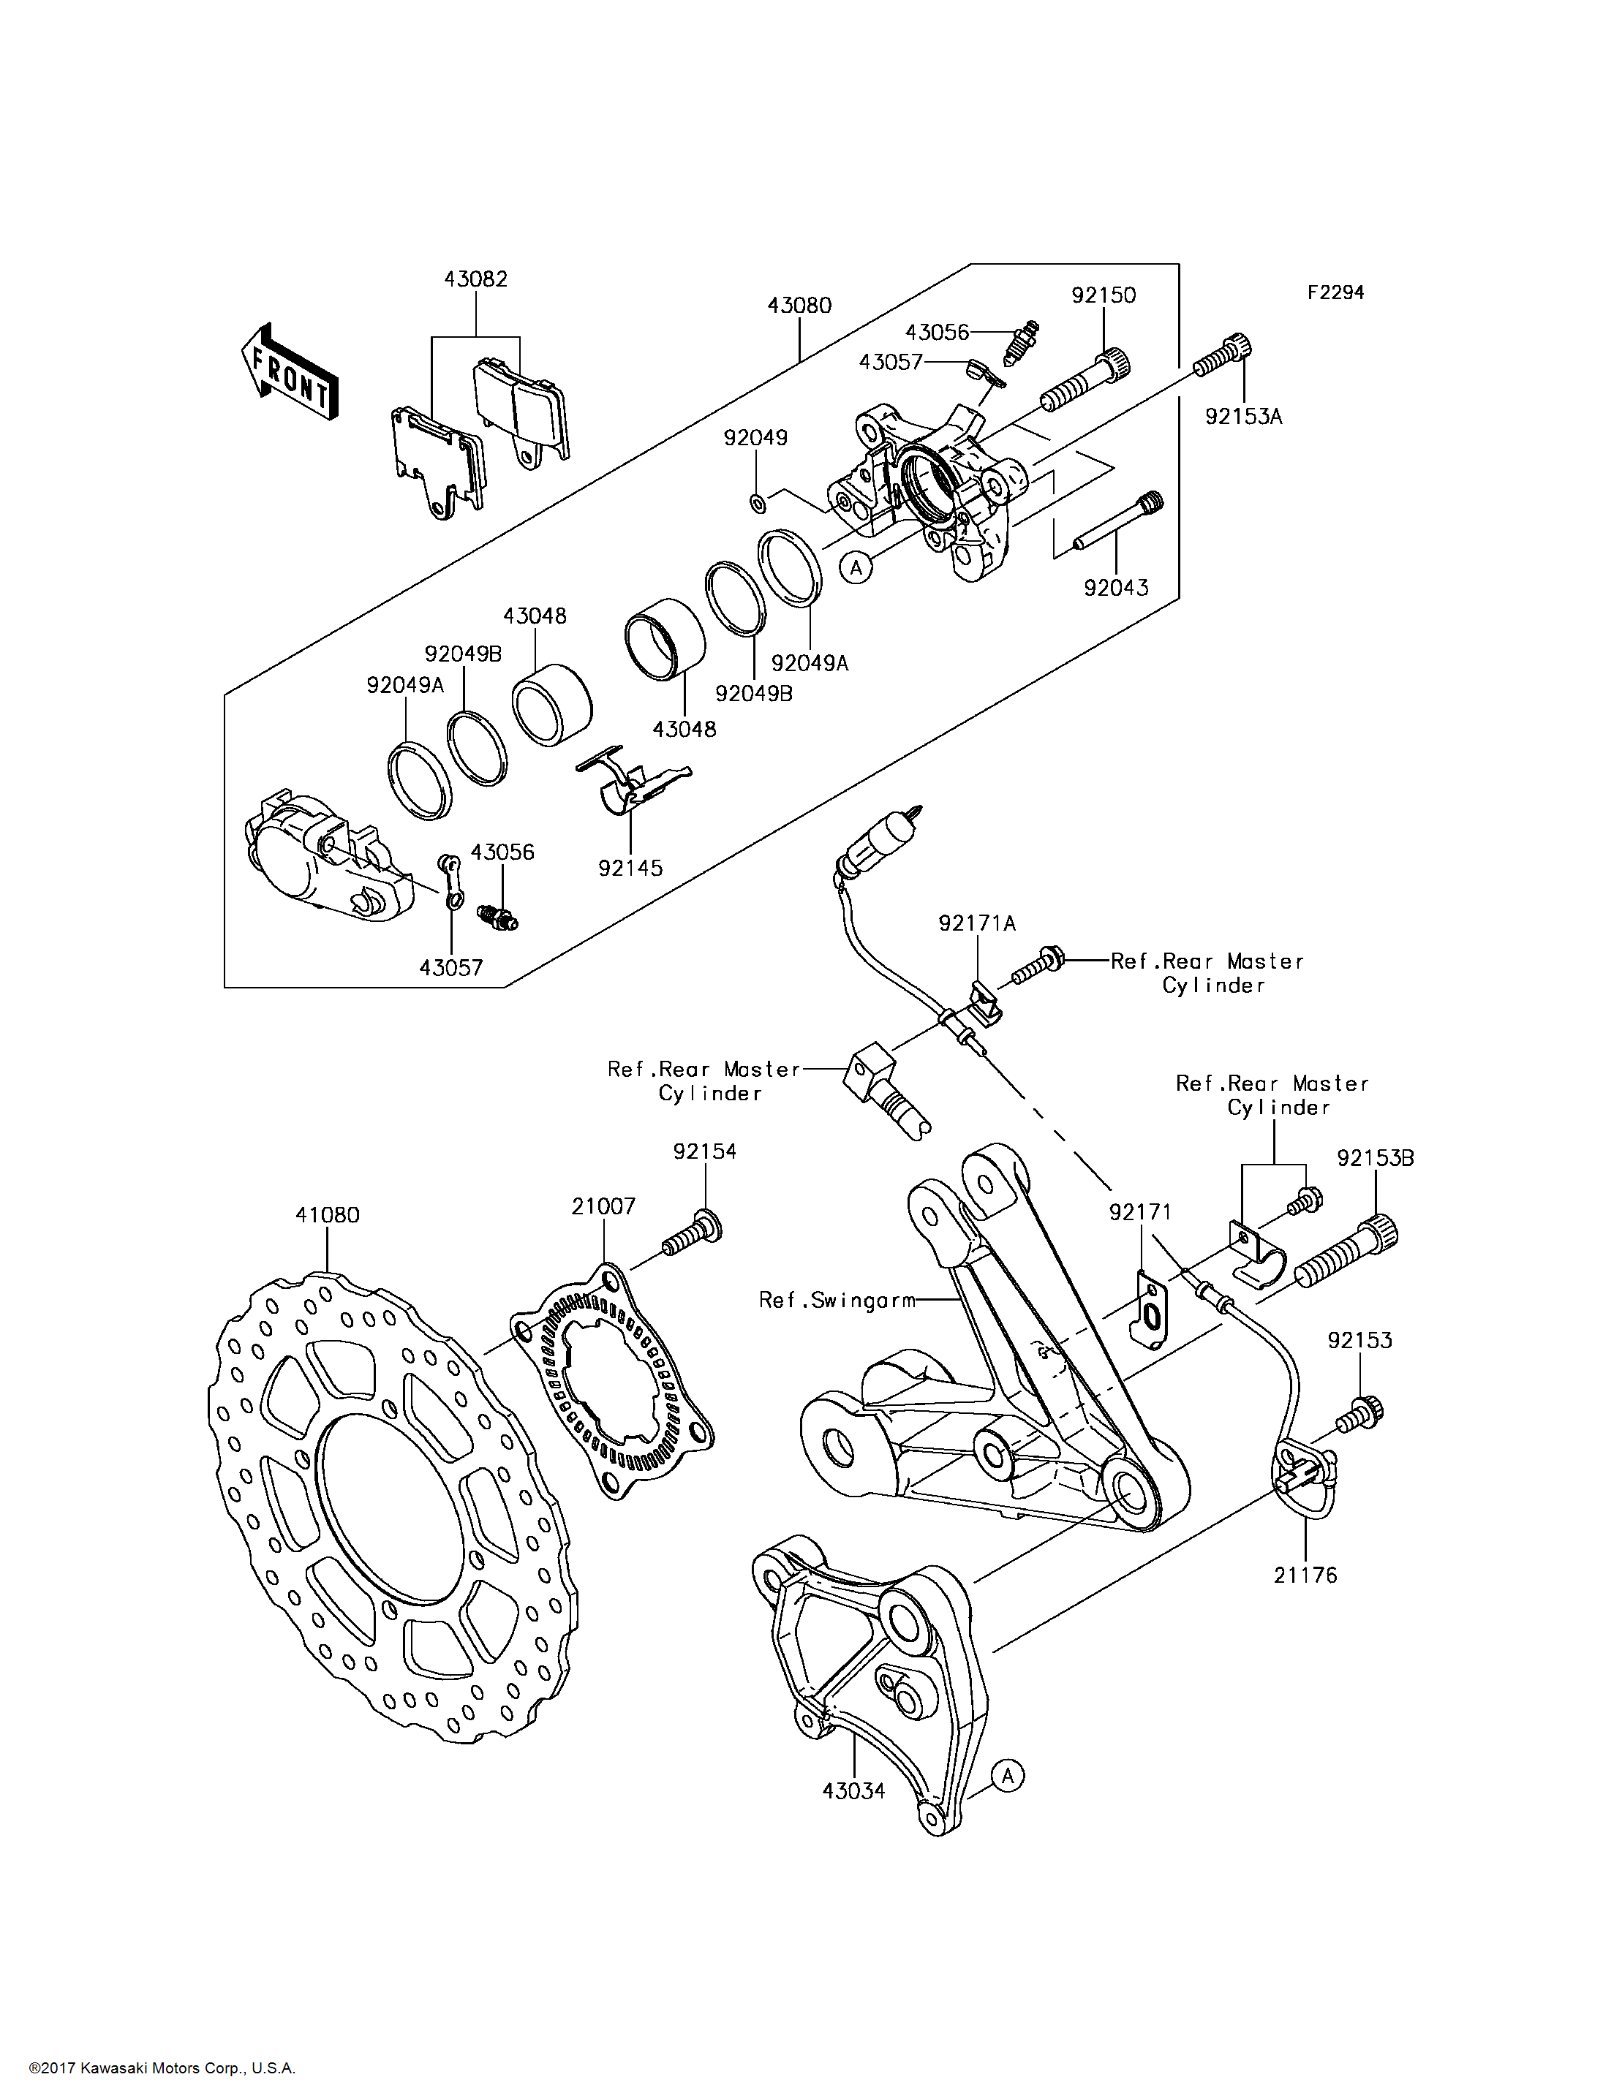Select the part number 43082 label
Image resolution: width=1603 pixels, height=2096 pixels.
click(x=475, y=279)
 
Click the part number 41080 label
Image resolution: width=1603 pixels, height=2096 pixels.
click(x=328, y=1214)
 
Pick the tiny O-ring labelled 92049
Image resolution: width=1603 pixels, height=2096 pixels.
click(x=757, y=502)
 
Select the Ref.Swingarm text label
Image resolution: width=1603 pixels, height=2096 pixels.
click(x=837, y=1299)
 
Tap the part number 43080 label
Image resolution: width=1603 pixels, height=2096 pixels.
click(x=799, y=306)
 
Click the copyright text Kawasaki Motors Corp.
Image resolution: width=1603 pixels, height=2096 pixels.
click(x=162, y=2068)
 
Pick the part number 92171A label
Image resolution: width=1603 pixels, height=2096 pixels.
click(x=977, y=923)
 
